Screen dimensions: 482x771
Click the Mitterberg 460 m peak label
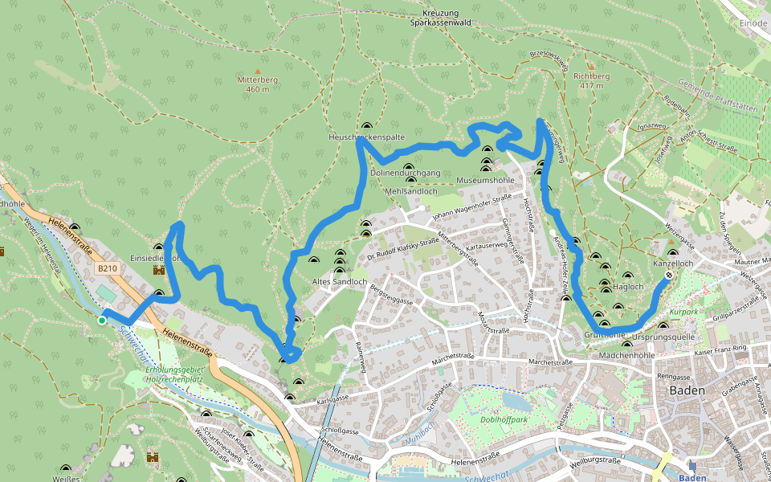(x=257, y=84)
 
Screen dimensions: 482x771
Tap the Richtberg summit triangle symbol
(x=591, y=67)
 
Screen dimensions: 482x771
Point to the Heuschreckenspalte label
(x=366, y=137)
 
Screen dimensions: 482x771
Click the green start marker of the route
(x=102, y=321)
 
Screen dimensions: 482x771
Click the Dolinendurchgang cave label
(x=406, y=173)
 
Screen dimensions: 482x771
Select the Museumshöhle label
(x=486, y=180)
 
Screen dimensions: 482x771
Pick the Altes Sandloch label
(x=339, y=282)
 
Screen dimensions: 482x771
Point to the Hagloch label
(x=628, y=287)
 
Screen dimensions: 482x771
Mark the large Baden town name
(x=686, y=390)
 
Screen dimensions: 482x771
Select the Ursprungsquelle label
(x=663, y=337)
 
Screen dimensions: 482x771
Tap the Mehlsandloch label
(x=411, y=192)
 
